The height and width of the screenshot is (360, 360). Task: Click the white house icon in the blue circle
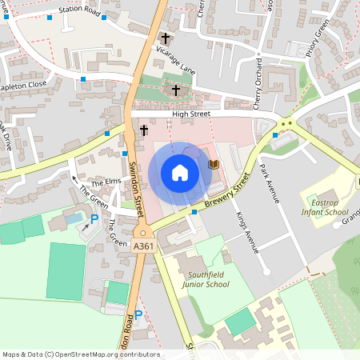(180, 173)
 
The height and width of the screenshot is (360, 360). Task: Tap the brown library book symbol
(214, 164)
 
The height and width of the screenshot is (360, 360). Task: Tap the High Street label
(190, 114)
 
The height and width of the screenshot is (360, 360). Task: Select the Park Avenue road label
(269, 183)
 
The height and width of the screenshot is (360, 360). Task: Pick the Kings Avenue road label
(249, 233)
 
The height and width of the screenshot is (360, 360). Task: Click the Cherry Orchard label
(258, 84)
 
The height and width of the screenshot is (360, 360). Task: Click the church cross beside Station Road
(166, 38)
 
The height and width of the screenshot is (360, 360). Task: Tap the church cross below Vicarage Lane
(175, 90)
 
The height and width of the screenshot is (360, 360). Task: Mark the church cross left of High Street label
(145, 130)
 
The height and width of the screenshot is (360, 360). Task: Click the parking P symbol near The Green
(94, 218)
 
